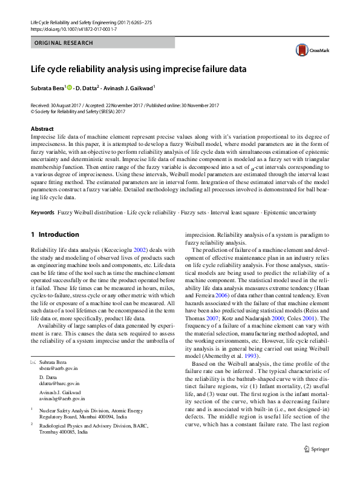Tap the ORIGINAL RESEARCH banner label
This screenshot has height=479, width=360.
coord(64,43)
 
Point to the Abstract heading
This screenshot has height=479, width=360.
coord(42,129)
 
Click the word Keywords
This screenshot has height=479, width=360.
coord(43,213)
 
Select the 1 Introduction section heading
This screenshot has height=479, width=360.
coord(54,234)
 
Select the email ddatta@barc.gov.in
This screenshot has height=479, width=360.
coord(59,383)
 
